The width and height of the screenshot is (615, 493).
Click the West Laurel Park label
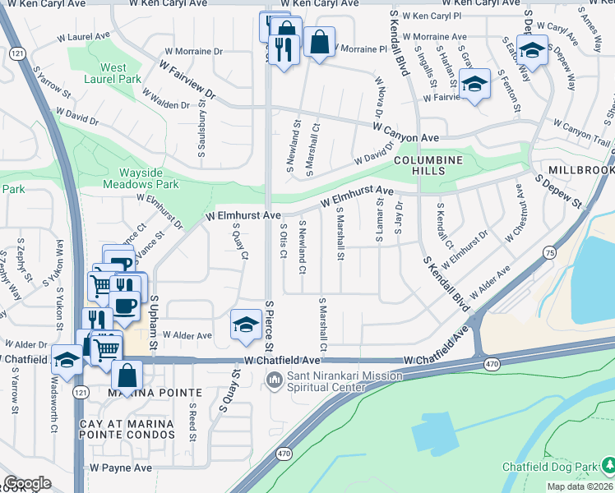pyautogui.click(x=113, y=74)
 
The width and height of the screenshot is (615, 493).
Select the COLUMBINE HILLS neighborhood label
pyautogui.click(x=428, y=165)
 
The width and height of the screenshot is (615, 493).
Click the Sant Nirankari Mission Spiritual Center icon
pyautogui.click(x=273, y=380)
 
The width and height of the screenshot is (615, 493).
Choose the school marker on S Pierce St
pyautogui.click(x=246, y=324)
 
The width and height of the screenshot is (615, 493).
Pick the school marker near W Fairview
pyautogui.click(x=474, y=84)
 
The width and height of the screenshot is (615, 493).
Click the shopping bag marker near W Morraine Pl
pyautogui.click(x=319, y=42)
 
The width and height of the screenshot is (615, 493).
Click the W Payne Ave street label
pyautogui.click(x=121, y=468)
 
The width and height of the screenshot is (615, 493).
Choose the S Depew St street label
pyautogui.click(x=558, y=191)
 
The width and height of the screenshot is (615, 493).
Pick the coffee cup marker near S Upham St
pyautogui.click(x=124, y=306)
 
